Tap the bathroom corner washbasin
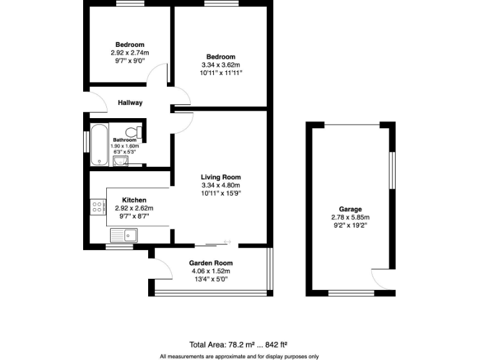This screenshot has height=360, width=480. click(x=120, y=162)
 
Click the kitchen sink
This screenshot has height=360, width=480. click(x=124, y=236)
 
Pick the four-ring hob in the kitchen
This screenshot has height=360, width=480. click(x=97, y=207)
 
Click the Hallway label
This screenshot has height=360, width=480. click(x=130, y=103)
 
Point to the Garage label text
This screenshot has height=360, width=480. click(x=351, y=209)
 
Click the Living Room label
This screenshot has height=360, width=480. click(x=221, y=177)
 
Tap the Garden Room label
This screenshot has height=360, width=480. click(x=211, y=263)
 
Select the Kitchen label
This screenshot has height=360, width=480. click(x=134, y=200)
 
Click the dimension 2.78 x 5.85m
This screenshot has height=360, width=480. click(x=351, y=217)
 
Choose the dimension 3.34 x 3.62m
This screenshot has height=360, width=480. click(x=221, y=64)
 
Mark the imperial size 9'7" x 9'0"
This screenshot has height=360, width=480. click(x=130, y=61)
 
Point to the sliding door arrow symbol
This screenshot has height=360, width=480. click(x=227, y=242)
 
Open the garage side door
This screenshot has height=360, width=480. click(x=382, y=279)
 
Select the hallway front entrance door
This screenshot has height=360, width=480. click(x=94, y=102)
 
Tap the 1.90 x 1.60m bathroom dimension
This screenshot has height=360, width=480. click(x=126, y=146)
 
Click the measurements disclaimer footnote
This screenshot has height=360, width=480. click(x=239, y=356)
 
